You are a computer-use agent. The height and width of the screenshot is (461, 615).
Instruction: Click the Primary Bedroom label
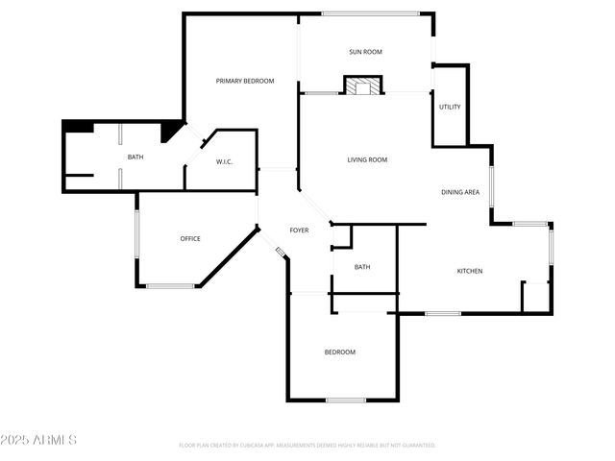(245, 81)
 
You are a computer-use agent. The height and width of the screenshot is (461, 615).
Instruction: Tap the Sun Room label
(364, 52)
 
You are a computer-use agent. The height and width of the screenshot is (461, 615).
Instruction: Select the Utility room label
(450, 107)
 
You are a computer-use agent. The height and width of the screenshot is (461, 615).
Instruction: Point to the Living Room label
(367, 159)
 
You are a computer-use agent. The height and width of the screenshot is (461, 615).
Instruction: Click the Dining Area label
(460, 192)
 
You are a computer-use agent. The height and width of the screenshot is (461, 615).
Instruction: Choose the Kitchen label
(469, 271)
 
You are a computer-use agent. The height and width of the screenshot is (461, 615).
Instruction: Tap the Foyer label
(299, 230)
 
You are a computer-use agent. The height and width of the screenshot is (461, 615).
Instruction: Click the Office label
(190, 238)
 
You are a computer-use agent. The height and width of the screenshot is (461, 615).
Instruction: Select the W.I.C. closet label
(224, 161)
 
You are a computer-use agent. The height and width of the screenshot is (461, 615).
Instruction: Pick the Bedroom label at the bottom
(339, 352)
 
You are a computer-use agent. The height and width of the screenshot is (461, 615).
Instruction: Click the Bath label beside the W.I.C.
(135, 157)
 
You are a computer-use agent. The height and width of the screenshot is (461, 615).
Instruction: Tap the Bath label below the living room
(362, 267)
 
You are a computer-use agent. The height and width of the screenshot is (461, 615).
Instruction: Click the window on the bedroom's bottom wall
(346, 400)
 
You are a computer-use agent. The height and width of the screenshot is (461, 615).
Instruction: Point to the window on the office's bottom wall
(170, 285)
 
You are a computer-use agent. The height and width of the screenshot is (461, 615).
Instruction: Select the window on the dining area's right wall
(491, 186)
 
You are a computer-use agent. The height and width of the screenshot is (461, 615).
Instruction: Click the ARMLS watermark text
(39, 440)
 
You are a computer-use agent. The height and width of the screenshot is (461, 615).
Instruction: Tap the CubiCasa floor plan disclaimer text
(307, 445)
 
